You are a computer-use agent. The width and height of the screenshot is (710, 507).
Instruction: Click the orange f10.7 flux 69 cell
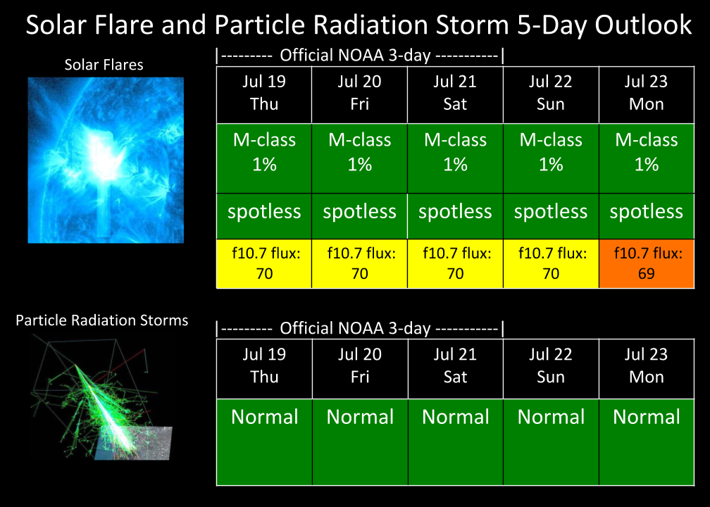coord(647,263)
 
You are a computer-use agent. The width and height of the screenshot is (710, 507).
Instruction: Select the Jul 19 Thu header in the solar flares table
coord(264,94)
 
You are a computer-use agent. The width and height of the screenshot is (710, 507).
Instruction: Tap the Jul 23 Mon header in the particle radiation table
coord(647,368)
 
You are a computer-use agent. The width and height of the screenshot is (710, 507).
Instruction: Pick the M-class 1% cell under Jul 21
coord(455,158)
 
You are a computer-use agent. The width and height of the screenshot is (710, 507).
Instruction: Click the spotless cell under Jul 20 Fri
coord(359,216)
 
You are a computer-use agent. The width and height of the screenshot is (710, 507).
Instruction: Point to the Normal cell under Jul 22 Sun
coord(551,442)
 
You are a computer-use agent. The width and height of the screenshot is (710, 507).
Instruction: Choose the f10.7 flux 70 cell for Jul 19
coord(264,263)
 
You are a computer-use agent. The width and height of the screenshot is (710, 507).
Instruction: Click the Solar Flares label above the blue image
coord(104,65)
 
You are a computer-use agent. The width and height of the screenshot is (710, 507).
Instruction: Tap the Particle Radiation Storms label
coord(102,320)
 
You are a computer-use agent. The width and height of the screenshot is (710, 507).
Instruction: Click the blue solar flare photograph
coord(106,161)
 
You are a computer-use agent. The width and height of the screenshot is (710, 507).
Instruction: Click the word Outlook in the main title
coord(643,25)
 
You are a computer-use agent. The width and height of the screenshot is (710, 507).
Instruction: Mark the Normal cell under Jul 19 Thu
coord(264,442)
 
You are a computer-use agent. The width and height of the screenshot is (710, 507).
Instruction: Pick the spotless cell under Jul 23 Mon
coord(647,216)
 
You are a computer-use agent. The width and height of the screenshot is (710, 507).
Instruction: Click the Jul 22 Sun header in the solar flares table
coord(551,94)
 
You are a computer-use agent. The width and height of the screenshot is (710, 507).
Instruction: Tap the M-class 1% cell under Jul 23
coord(647,158)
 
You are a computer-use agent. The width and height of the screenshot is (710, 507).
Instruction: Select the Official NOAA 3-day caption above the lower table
coord(360,328)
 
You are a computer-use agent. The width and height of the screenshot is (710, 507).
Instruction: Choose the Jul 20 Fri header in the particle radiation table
coord(360,368)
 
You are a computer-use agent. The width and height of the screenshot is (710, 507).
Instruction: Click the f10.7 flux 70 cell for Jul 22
coord(551,263)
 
